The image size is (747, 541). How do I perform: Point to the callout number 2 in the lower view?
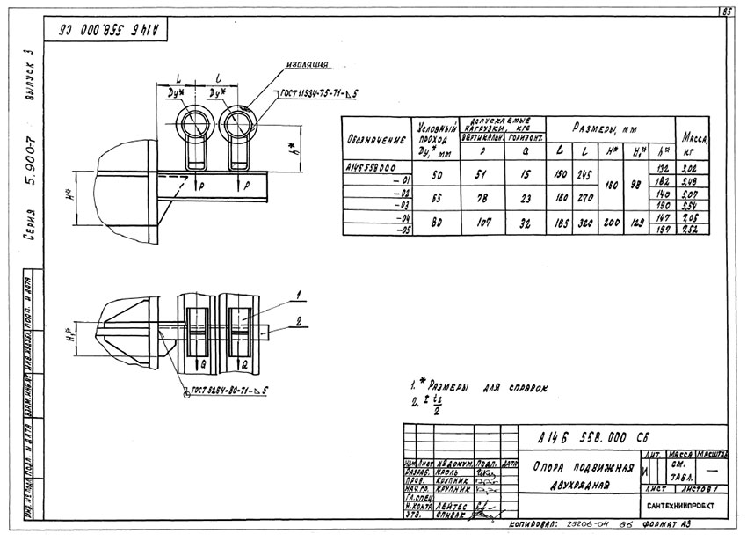301,323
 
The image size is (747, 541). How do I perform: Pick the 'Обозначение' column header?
376,139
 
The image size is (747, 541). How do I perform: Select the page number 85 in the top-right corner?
727,11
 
